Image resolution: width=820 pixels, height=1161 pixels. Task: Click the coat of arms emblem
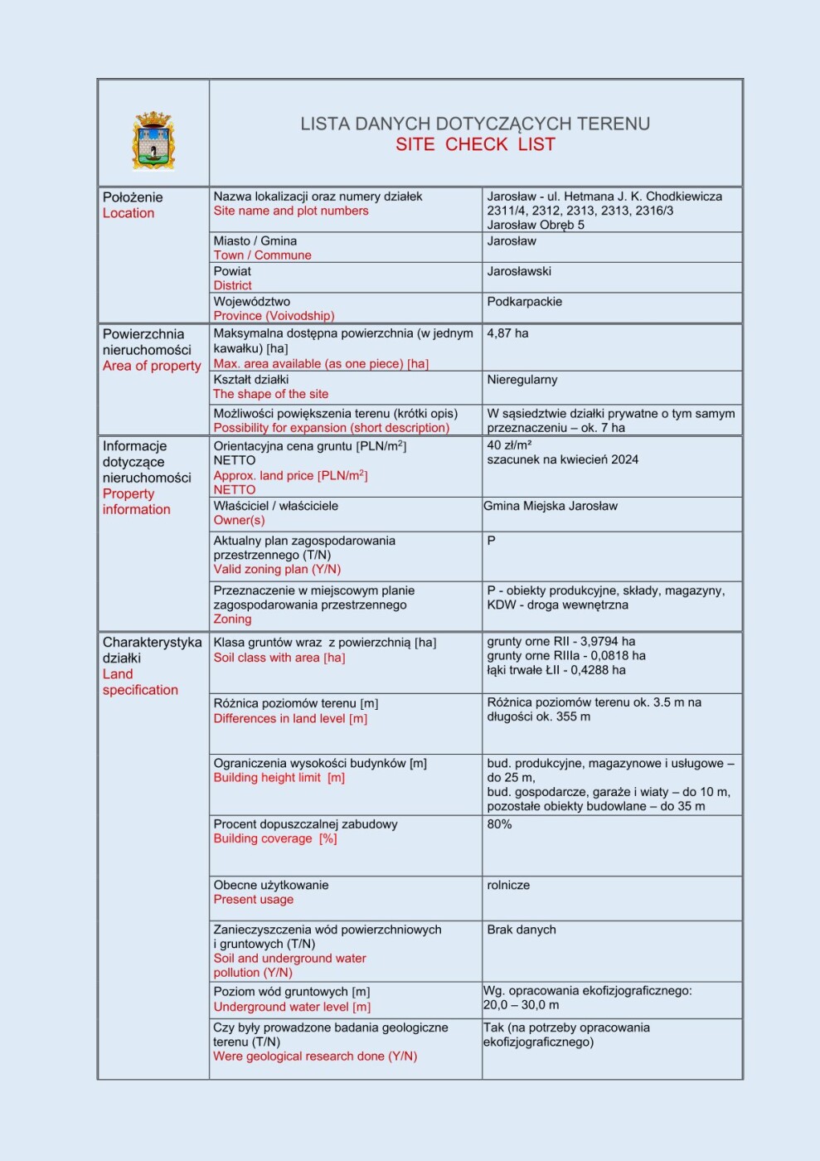pos(153,141)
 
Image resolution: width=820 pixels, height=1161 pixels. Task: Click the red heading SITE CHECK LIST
pos(475,144)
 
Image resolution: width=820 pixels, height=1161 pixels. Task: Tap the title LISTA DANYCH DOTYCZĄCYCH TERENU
pos(475,124)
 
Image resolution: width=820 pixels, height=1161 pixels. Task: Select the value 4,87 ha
pos(507,333)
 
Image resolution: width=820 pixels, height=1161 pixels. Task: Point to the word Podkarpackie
pos(524,302)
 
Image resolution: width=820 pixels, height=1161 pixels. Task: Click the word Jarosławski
pos(519,271)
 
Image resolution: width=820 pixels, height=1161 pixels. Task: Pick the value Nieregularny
pos(522,380)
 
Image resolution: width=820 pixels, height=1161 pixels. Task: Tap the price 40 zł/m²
pos(509,444)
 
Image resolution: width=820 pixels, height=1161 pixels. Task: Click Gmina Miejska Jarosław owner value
pos(551,506)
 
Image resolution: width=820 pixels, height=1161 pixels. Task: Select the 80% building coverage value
pos(499,824)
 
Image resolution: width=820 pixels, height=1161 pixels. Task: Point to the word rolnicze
pos(508,885)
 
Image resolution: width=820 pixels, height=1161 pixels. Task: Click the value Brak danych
pos(522,930)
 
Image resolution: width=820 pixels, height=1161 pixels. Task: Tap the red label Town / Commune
pos(262,255)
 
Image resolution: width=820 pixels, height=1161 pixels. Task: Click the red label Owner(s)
pos(239,520)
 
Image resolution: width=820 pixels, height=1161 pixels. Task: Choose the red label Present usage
pos(253,899)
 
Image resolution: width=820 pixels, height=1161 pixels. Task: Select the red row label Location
pos(129,213)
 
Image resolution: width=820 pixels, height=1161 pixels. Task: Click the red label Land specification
pos(139,682)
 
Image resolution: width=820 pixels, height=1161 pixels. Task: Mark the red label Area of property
pos(152,366)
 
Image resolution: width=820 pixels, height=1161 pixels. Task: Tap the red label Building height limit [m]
pos(279,778)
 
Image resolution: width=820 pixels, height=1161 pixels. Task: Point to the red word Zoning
pos(232,619)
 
